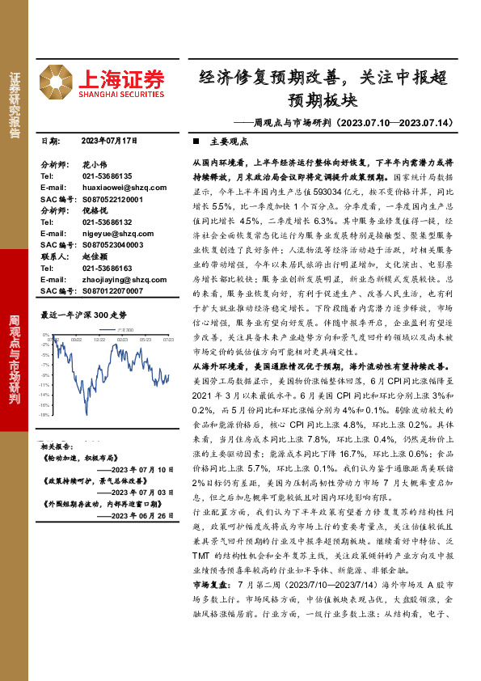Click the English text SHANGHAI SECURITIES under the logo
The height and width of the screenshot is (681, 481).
coord(121,95)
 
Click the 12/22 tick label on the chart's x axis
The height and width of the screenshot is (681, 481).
coord(99,340)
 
